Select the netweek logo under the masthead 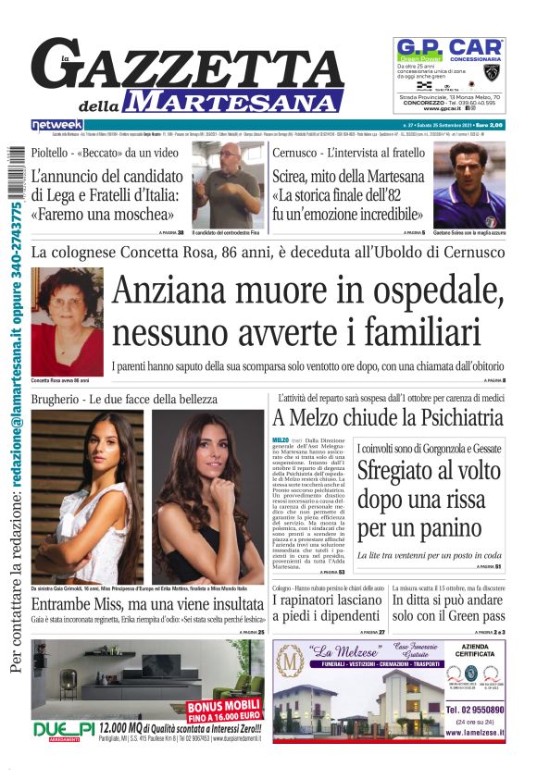point(57,125)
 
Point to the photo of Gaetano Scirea point(469,186)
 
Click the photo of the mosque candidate point(227,186)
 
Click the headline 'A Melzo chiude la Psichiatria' point(388,417)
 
